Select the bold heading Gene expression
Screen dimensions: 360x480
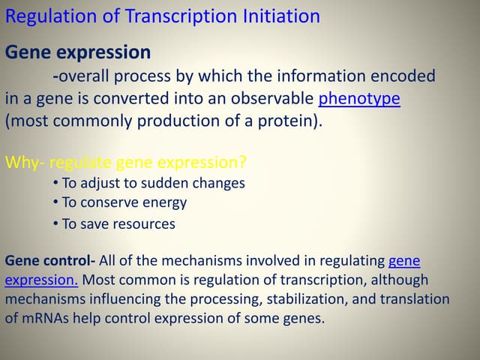point(78,52)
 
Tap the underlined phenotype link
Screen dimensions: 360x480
point(359,99)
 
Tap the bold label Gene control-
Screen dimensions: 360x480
point(50,261)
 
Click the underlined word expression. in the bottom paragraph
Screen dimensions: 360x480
point(42,280)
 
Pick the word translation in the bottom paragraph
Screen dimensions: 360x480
point(414,299)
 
